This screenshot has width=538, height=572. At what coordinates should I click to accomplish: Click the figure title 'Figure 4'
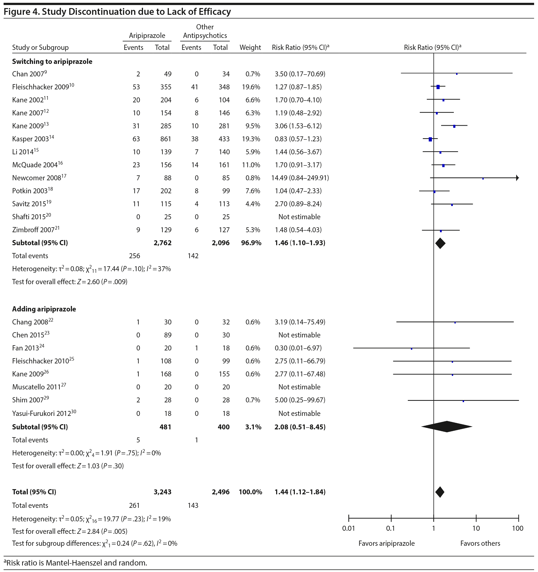[117, 11]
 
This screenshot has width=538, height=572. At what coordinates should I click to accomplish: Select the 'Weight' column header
[250, 48]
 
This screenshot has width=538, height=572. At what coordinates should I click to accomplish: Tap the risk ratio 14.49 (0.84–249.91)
[300, 178]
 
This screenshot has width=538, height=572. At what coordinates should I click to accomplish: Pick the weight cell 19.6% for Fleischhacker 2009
[251, 87]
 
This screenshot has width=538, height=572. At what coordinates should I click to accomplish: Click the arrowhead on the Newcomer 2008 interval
[517, 178]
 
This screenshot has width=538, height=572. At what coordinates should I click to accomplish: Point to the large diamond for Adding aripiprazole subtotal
[447, 427]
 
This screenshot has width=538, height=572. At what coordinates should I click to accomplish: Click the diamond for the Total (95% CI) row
[440, 492]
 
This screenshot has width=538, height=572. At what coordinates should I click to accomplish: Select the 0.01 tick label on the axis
[348, 528]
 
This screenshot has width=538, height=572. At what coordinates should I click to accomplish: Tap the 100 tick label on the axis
[517, 528]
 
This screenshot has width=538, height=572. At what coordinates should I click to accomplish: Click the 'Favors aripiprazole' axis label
[386, 543]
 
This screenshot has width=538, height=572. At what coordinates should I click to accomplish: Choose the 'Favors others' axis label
[480, 543]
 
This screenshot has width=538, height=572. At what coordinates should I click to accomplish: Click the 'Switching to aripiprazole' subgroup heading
[52, 62]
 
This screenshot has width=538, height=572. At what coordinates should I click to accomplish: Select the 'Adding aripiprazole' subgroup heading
[44, 309]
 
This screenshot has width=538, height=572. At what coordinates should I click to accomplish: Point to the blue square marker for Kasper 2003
[430, 139]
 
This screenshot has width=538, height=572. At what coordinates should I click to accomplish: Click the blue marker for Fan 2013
[411, 349]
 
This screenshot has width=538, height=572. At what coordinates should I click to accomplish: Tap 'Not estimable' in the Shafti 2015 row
[299, 217]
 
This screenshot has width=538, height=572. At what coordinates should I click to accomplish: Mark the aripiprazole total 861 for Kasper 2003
[166, 139]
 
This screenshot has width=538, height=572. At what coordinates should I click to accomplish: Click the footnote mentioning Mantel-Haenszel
[75, 563]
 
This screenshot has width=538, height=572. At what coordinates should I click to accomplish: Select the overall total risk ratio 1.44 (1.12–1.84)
[300, 492]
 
